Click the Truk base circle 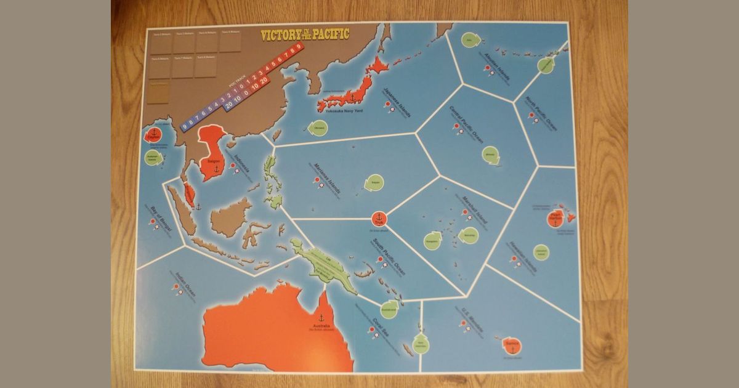[379, 218]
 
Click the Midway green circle [490, 154]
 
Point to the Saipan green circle [373, 182]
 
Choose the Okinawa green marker [318, 128]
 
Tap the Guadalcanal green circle [389, 309]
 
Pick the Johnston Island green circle [541, 252]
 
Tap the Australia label [321, 326]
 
